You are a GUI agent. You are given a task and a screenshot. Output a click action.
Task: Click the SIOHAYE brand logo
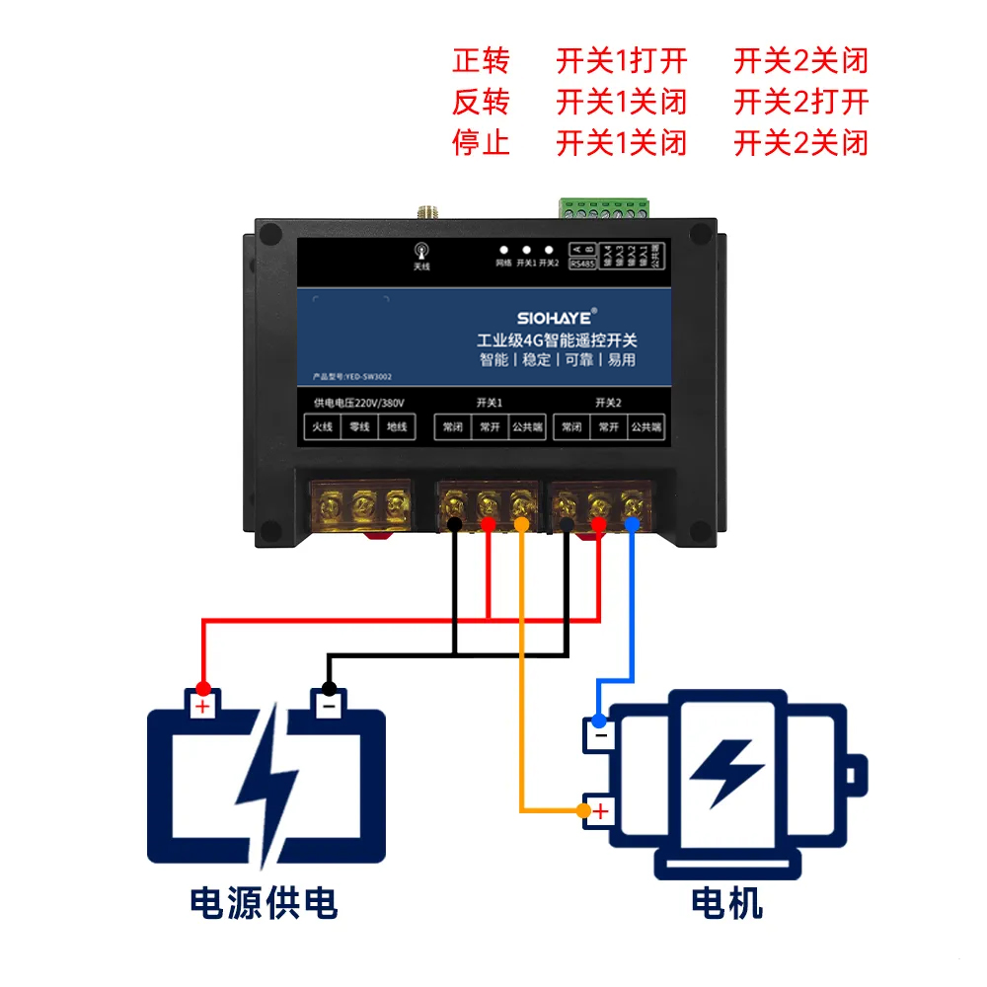[x=554, y=318]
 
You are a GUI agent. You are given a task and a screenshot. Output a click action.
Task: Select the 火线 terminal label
[x=321, y=427]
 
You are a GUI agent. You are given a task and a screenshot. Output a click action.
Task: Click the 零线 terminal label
[x=359, y=427]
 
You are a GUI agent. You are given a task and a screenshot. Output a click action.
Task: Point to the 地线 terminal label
[x=397, y=427]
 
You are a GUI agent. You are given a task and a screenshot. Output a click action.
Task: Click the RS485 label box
[x=582, y=265]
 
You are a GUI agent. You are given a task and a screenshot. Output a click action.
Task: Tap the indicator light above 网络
[x=503, y=251]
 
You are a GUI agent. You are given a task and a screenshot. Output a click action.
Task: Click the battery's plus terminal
[x=202, y=705]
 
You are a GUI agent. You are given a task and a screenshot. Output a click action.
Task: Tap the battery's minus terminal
[x=329, y=705]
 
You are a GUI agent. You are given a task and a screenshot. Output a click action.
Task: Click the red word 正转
[x=481, y=61]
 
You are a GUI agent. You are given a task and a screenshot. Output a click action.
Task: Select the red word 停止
[x=481, y=142]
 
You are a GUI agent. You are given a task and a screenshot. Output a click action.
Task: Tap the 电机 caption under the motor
[x=727, y=902]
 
